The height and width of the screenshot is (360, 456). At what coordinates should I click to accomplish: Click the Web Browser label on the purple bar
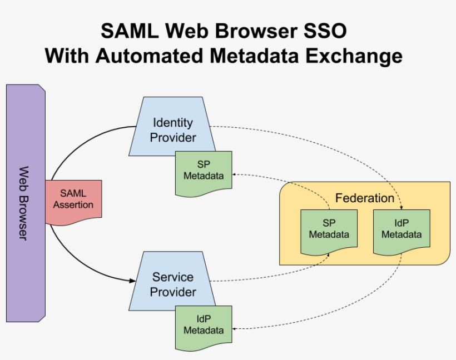point(24,203)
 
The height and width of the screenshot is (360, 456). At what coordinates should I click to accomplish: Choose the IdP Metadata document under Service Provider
point(203,326)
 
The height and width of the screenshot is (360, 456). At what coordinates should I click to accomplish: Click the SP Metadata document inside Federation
point(329,230)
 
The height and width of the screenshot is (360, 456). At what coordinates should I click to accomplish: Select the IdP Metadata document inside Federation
point(401,230)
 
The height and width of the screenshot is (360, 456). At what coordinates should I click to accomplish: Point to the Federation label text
point(364,198)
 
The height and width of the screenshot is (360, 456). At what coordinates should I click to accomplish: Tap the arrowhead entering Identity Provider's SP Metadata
point(236,174)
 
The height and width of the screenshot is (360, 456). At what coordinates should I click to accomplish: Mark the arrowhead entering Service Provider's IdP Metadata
point(236,329)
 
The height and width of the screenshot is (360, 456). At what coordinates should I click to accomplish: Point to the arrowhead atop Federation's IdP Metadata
point(401,207)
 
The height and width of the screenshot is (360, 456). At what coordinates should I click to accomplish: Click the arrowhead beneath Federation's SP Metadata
point(329,254)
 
